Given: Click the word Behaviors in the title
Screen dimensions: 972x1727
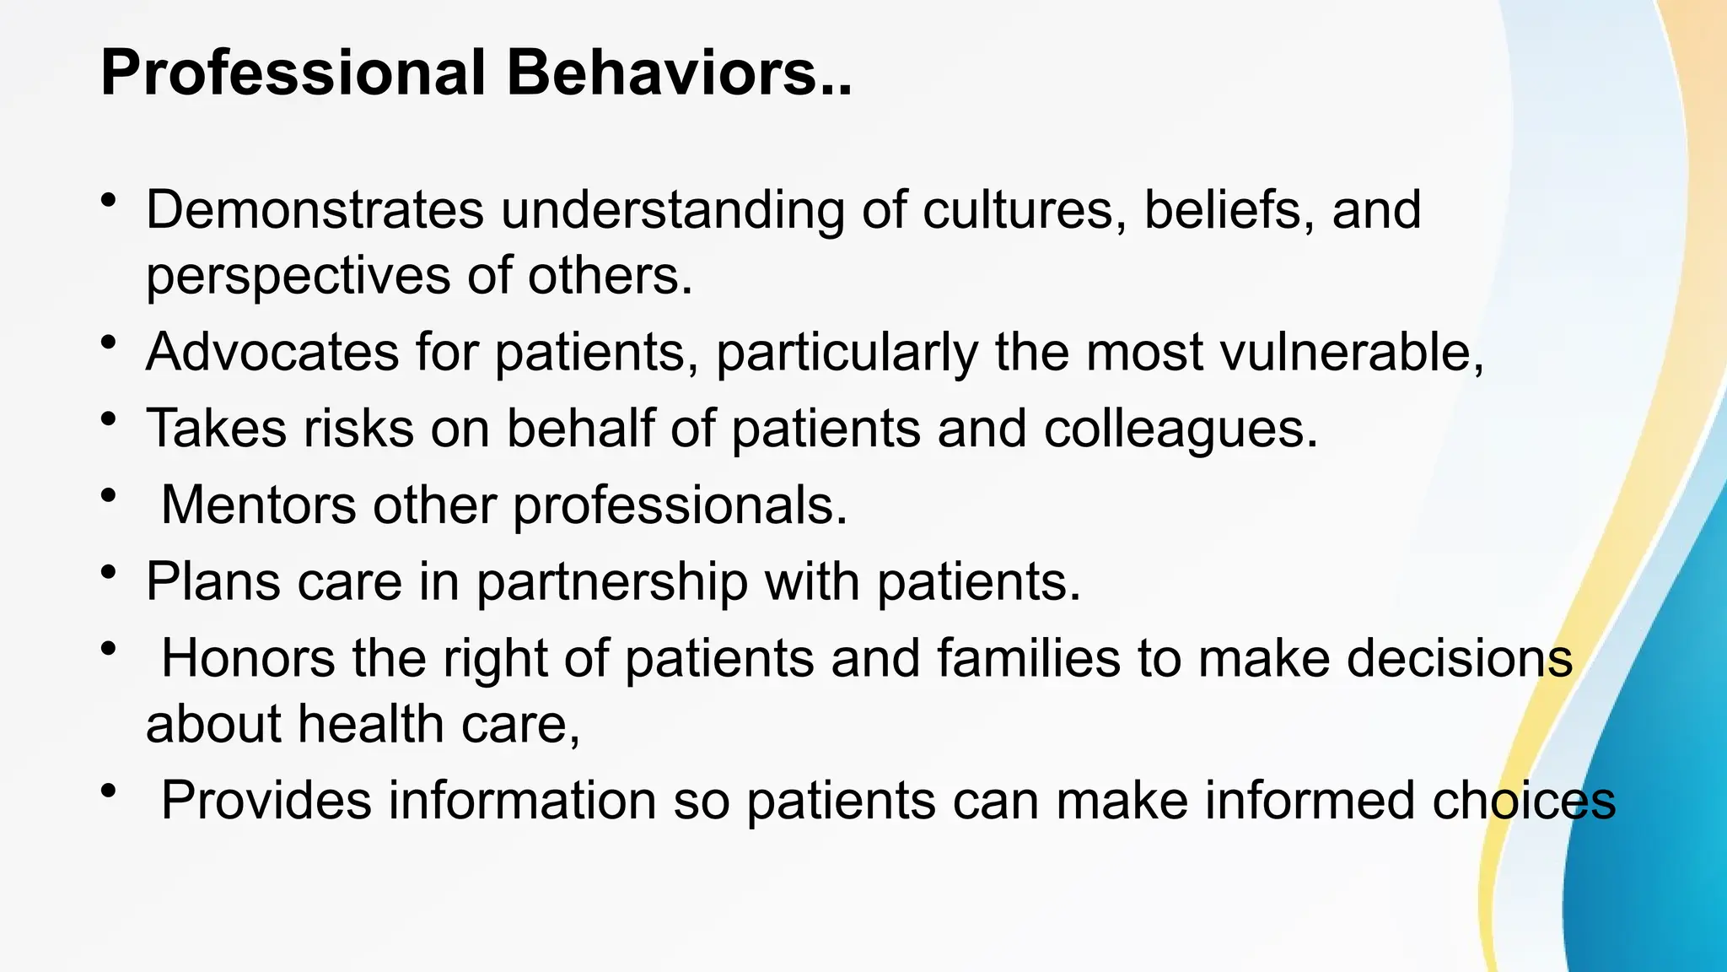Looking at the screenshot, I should point(679,73).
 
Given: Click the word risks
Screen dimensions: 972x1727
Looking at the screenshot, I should point(358,428).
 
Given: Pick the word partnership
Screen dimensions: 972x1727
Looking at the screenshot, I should point(612,581).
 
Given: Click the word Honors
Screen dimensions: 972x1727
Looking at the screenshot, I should point(248,657).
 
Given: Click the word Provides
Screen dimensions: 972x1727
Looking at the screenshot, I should point(266,800).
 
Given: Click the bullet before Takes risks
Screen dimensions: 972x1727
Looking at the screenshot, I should point(108,419).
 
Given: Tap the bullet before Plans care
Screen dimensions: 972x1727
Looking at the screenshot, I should point(108,572).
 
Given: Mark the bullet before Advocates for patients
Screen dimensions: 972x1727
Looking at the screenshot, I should point(108,343).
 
